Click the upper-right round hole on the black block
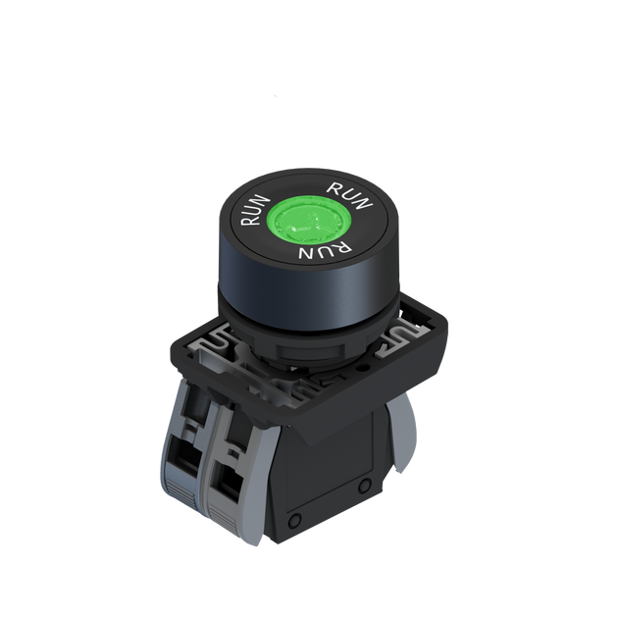364,486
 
